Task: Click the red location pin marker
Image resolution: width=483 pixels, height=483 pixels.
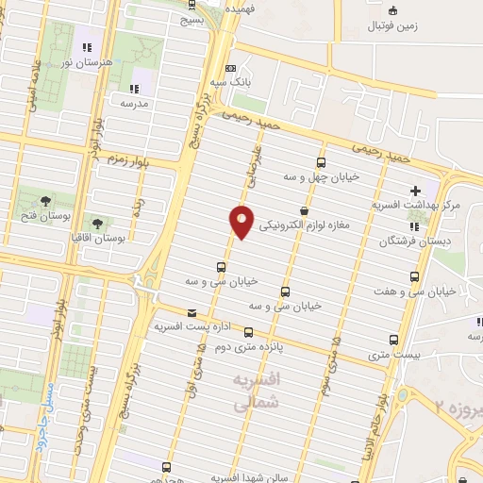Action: [242, 220]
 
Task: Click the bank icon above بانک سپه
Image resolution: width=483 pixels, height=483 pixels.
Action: [231, 68]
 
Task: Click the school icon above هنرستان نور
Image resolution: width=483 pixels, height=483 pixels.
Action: [88, 46]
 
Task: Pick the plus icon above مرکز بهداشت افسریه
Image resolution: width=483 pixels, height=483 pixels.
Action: [416, 192]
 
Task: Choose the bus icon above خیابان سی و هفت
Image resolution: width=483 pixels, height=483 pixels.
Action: [414, 277]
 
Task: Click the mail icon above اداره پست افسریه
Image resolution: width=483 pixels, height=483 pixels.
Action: [192, 313]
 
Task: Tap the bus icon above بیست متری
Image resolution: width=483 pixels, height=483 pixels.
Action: [393, 340]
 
